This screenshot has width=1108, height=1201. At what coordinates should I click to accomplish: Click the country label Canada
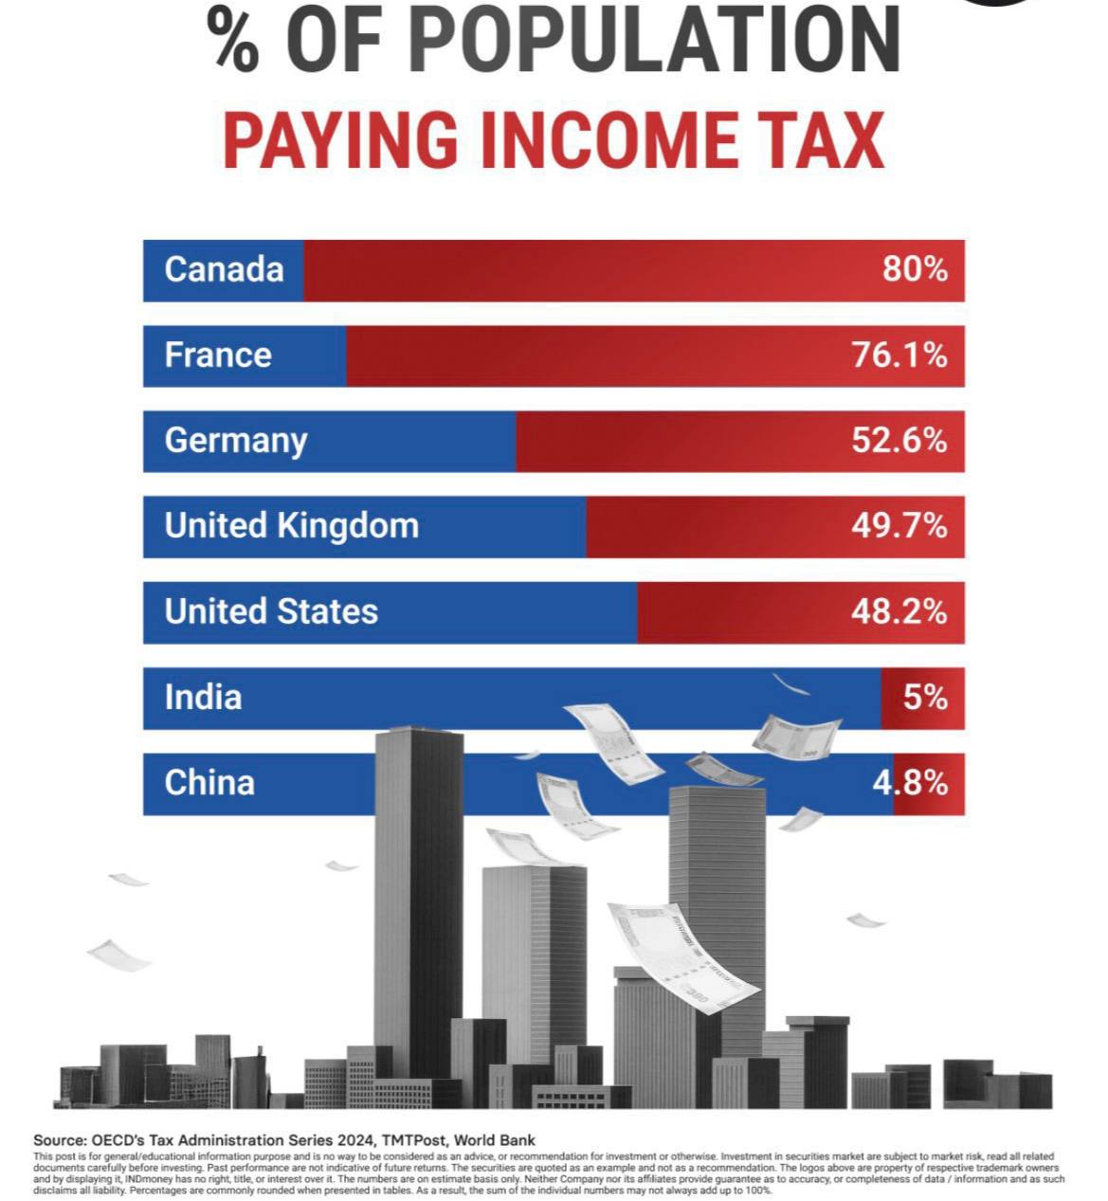(x=224, y=269)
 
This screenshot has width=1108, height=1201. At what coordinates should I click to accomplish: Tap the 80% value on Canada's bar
(x=915, y=269)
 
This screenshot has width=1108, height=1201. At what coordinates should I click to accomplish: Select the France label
(x=218, y=355)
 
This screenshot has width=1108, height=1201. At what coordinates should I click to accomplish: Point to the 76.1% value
(x=899, y=355)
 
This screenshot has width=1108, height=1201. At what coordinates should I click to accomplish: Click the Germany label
(x=236, y=441)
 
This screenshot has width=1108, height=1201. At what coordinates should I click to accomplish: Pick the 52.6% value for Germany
(x=899, y=441)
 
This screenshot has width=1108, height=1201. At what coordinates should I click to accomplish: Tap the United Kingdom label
(x=291, y=525)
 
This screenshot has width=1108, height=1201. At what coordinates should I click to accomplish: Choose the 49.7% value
(x=899, y=525)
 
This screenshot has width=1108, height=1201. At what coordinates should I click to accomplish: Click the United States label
(x=271, y=611)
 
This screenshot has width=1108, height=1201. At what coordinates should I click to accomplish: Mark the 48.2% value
(x=899, y=611)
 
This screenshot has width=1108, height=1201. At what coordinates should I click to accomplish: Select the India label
(x=203, y=698)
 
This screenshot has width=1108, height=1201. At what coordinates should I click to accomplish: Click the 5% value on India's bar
(x=924, y=698)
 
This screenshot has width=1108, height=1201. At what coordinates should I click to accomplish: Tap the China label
(x=209, y=783)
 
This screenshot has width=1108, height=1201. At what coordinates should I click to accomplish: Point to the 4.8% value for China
(x=909, y=783)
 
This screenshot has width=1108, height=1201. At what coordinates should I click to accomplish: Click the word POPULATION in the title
(x=655, y=43)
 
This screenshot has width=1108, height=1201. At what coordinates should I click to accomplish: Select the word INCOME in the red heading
(x=608, y=141)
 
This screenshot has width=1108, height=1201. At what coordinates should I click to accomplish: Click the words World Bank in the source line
(x=494, y=1140)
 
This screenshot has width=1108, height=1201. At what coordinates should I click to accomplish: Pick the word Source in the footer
(x=59, y=1140)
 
